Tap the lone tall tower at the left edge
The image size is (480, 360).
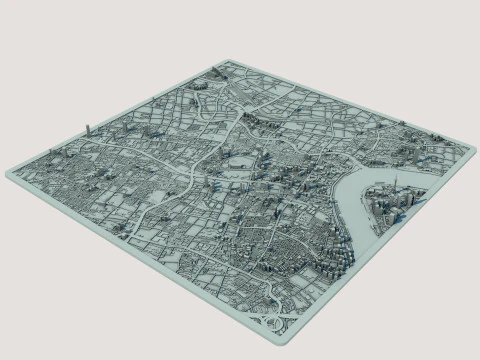click(x=88, y=128)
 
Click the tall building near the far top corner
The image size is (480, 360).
click(x=214, y=76)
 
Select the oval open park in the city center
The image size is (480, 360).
click(x=237, y=160)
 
